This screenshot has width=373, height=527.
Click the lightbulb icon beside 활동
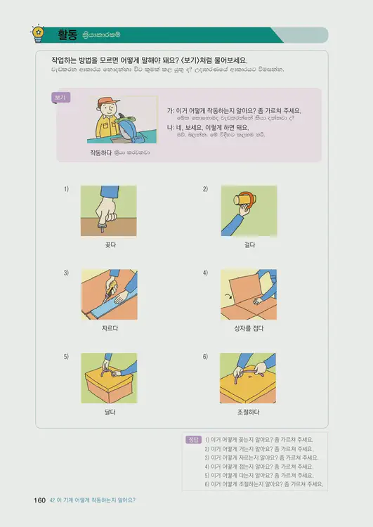pos(37,33)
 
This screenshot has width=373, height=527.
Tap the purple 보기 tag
pos(61,98)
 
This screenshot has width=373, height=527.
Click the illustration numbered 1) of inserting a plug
pos(109,211)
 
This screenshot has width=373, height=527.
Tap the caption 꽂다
pos(109,245)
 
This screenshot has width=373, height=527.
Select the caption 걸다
pos(249,245)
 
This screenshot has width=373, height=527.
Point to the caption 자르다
pos(109,328)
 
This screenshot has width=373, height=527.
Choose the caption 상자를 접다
pos(249,328)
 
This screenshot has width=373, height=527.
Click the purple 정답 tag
pos(193,439)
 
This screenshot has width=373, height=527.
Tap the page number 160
pos(39,500)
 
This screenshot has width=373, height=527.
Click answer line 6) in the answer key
pos(263,484)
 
